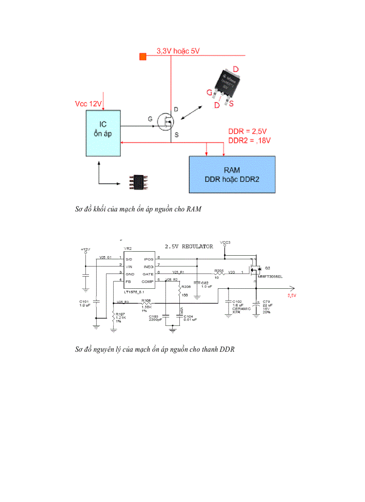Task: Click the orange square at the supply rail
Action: coord(143,56)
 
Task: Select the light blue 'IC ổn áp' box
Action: coord(103,133)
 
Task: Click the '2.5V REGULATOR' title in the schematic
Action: coord(189,246)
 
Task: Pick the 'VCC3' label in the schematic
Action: coord(225,243)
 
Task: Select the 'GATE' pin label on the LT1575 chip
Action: coord(148,274)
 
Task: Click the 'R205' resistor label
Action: coord(218,270)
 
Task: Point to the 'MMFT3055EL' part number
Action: coord(271,277)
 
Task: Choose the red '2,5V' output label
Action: coord(292,295)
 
